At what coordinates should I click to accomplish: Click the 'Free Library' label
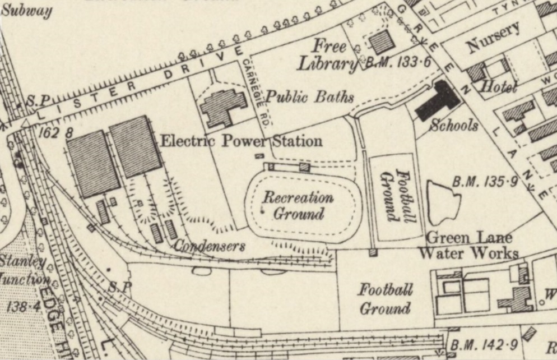coord(328,54)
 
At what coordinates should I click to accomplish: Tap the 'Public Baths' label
coord(309,97)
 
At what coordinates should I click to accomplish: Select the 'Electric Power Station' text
coord(242,140)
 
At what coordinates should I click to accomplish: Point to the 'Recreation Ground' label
coord(298,205)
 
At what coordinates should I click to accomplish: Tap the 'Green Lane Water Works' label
coord(468,245)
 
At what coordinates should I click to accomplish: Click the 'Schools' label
coord(453,125)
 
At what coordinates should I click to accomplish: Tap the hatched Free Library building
coord(382,41)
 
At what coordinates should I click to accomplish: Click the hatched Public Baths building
coord(224,107)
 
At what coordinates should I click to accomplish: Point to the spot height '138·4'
coord(21,307)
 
